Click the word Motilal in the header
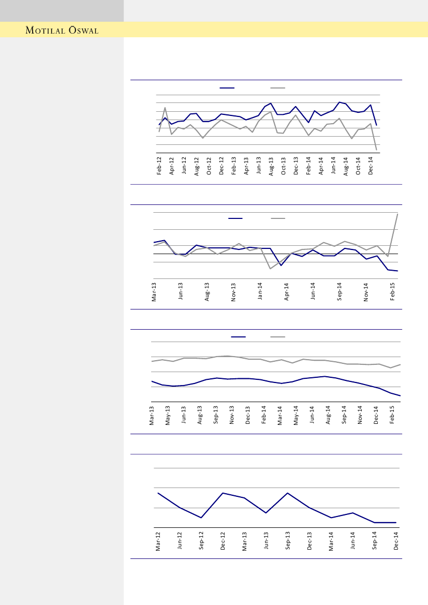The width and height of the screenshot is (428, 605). coord(46,30)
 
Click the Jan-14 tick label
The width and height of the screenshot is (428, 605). coord(260,291)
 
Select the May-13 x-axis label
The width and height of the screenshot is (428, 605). coord(168,416)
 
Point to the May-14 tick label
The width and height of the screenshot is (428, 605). coord(296,416)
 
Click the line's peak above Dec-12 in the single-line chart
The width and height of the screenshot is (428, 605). coord(223,493)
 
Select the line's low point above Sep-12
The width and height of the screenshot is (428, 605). coord(201,518)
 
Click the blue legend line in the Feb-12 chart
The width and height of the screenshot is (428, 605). coord(227,88)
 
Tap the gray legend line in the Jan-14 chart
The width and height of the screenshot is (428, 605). coord(278,218)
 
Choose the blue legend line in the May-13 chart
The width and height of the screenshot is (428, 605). coord(238,337)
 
